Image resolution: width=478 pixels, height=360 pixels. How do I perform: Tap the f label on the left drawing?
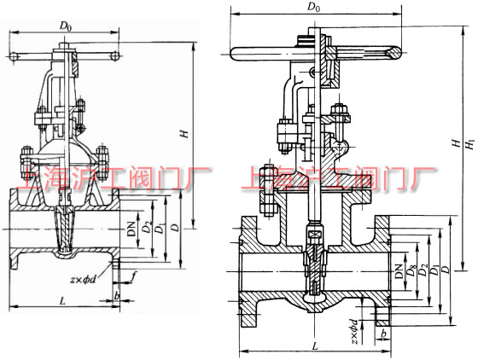coord(134,275)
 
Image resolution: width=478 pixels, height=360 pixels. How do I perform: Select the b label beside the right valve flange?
coord(386,334)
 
